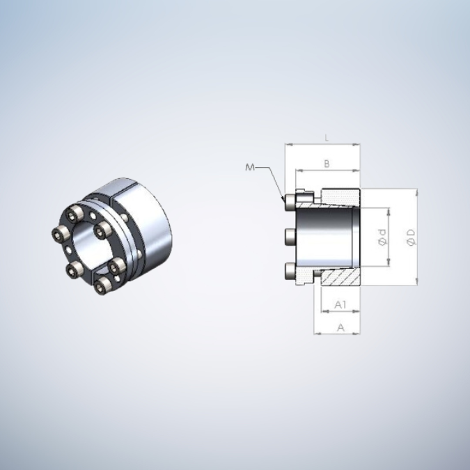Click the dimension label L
pyautogui.click(x=327, y=139)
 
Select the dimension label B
pyautogui.click(x=327, y=164)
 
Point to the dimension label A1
pyautogui.click(x=340, y=304)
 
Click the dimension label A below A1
pyautogui.click(x=340, y=326)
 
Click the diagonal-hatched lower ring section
pyautogui.click(x=340, y=277)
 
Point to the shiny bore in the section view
pyautogui.click(x=327, y=237)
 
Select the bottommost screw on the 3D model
pyautogui.click(x=102, y=285)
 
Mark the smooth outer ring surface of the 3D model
pyautogui.click(x=150, y=223)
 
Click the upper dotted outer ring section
pyautogui.click(x=340, y=196)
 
